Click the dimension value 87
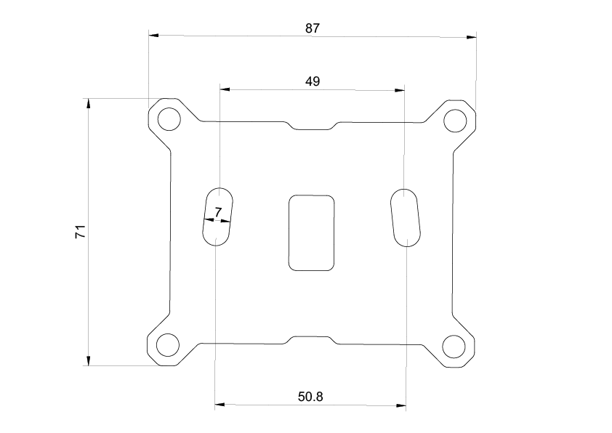(313, 28)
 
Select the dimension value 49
(313, 81)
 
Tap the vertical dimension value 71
(81, 232)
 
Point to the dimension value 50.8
(310, 397)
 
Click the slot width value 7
(217, 211)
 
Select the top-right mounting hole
(456, 120)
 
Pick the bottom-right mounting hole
(454, 347)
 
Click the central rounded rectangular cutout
(312, 232)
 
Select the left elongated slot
(217, 216)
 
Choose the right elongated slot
(405, 217)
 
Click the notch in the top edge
(313, 126)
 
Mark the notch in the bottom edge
(313, 339)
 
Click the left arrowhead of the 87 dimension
(153, 34)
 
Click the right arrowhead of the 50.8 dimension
(401, 405)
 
